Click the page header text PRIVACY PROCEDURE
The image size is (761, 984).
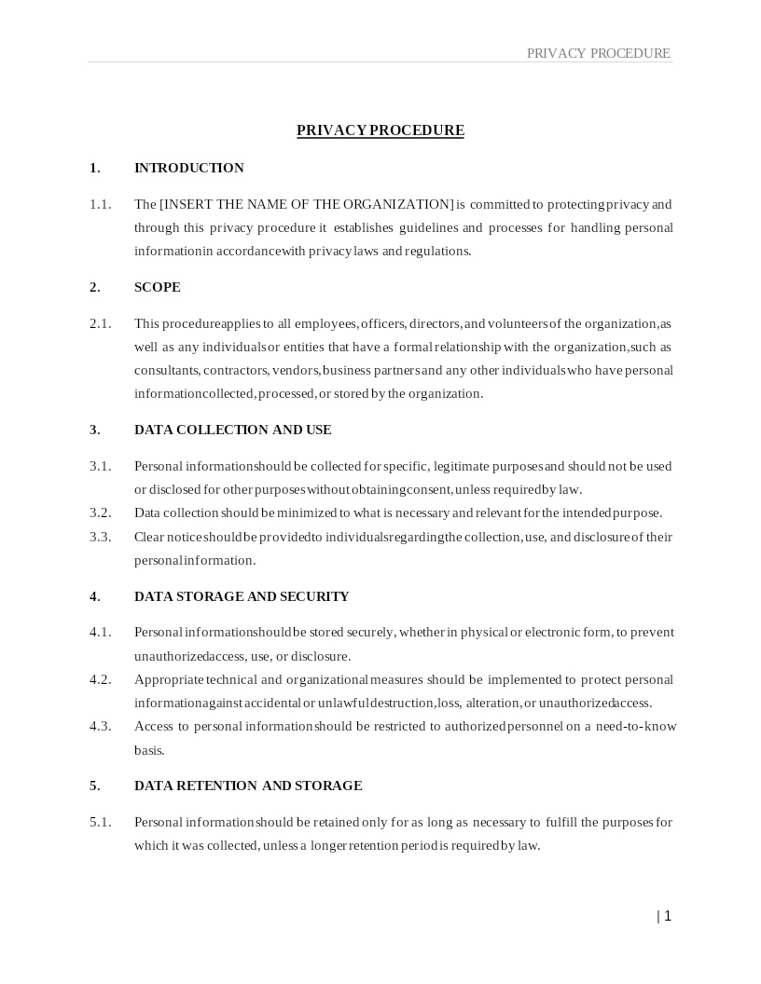pyautogui.click(x=598, y=53)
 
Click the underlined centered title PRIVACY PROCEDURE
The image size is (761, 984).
pyautogui.click(x=380, y=130)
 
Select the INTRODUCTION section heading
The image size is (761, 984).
pyautogui.click(x=189, y=168)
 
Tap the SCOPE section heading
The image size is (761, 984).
pyautogui.click(x=158, y=287)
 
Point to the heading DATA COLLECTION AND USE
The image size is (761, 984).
pyautogui.click(x=233, y=430)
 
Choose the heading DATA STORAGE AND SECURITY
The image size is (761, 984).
pyautogui.click(x=242, y=596)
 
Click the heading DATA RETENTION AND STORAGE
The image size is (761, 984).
pyautogui.click(x=248, y=786)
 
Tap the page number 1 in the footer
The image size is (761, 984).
pyautogui.click(x=667, y=916)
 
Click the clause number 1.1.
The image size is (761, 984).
pyautogui.click(x=100, y=204)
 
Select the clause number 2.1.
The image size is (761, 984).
pyautogui.click(x=100, y=323)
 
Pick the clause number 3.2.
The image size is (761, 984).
pyautogui.click(x=100, y=512)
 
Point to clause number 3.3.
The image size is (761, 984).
pyautogui.click(x=100, y=537)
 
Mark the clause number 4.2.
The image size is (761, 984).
pyautogui.click(x=100, y=679)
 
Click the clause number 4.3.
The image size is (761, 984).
pyautogui.click(x=100, y=726)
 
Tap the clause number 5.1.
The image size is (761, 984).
pyautogui.click(x=100, y=822)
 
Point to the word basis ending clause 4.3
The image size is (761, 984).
pyautogui.click(x=149, y=750)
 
